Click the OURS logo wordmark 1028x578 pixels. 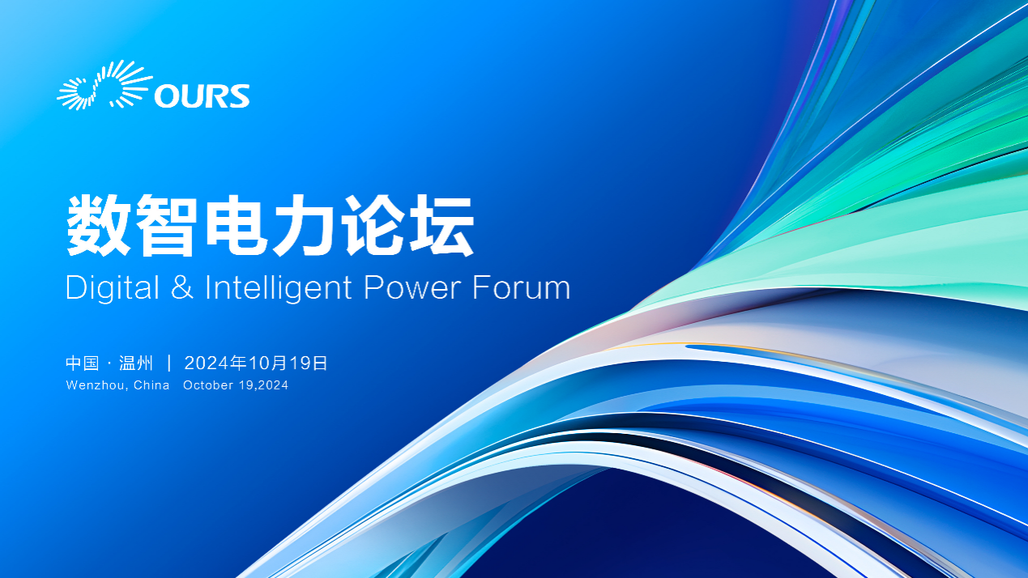point(202,96)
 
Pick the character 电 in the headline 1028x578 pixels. point(237,225)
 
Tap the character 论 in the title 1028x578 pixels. point(373,225)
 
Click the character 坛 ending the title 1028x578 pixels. point(441,225)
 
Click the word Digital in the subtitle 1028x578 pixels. point(113,288)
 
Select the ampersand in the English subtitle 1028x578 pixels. point(181,287)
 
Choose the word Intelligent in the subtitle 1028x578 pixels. point(279,288)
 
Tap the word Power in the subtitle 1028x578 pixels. point(412,287)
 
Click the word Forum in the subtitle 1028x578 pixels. point(522,287)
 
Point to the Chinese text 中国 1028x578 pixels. point(83,363)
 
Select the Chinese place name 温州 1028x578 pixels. point(136,363)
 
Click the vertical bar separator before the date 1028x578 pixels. point(169,363)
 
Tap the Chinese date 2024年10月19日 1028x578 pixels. point(256,363)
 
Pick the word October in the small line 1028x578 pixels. point(208,385)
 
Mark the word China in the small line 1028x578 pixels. point(151,385)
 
